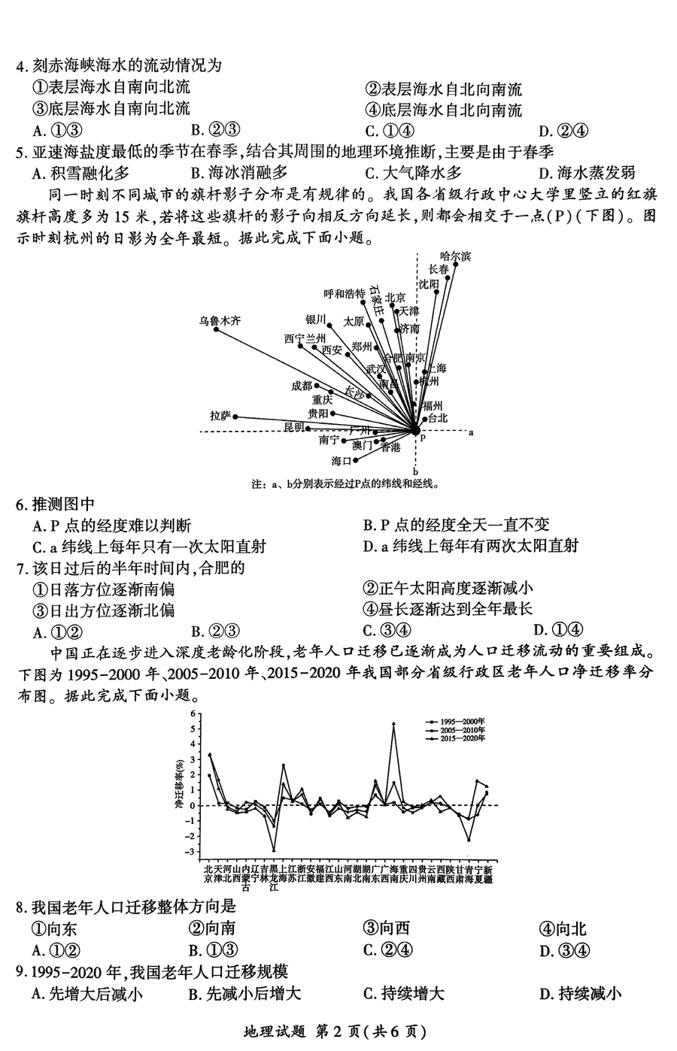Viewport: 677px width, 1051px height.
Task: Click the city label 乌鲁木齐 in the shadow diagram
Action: [220, 320]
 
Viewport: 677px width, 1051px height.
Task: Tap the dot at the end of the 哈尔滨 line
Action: [456, 265]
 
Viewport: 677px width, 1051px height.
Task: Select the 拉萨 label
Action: [220, 416]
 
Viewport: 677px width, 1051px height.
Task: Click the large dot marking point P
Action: [415, 430]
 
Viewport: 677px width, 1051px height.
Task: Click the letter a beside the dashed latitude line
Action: [471, 432]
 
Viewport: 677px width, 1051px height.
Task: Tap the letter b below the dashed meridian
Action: [415, 471]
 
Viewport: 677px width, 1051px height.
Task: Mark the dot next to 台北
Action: [424, 419]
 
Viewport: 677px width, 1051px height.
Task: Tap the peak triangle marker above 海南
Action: [393, 724]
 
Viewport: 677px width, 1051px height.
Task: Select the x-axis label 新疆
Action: [487, 874]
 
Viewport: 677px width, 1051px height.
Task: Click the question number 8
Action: [23, 907]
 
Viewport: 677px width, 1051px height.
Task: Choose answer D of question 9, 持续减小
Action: [580, 994]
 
